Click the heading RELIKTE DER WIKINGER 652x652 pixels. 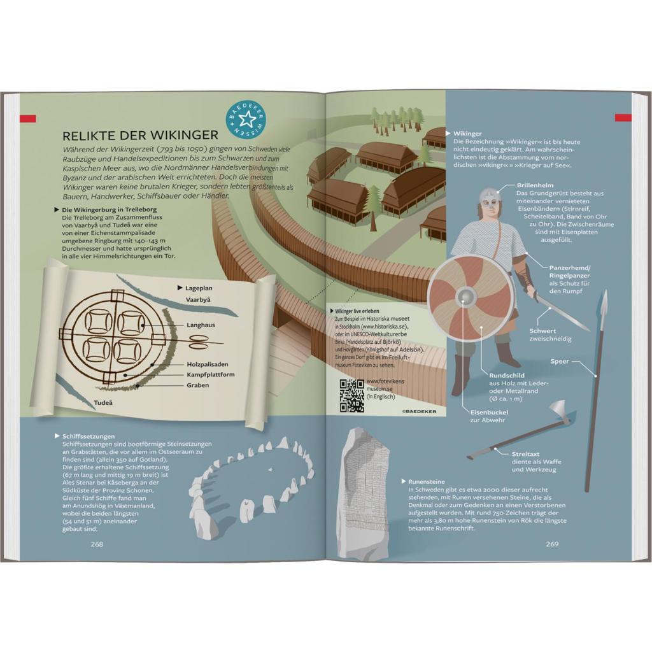coord(140,135)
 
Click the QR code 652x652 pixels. coord(352,395)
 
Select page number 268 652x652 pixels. coord(97,544)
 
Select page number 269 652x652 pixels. coord(552,544)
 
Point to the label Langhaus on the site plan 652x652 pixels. coord(201,325)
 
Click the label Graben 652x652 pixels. coord(197,385)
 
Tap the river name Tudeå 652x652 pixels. coord(103,402)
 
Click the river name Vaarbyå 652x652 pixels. coord(198,299)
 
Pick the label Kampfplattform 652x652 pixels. coord(210,374)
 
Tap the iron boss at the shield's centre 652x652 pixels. coord(465,297)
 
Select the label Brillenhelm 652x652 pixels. coord(535,185)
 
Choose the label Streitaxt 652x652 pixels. coord(526,455)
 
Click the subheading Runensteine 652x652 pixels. coord(426,482)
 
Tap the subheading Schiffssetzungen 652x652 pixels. coord(89,437)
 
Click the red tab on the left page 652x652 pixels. coord(27,119)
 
